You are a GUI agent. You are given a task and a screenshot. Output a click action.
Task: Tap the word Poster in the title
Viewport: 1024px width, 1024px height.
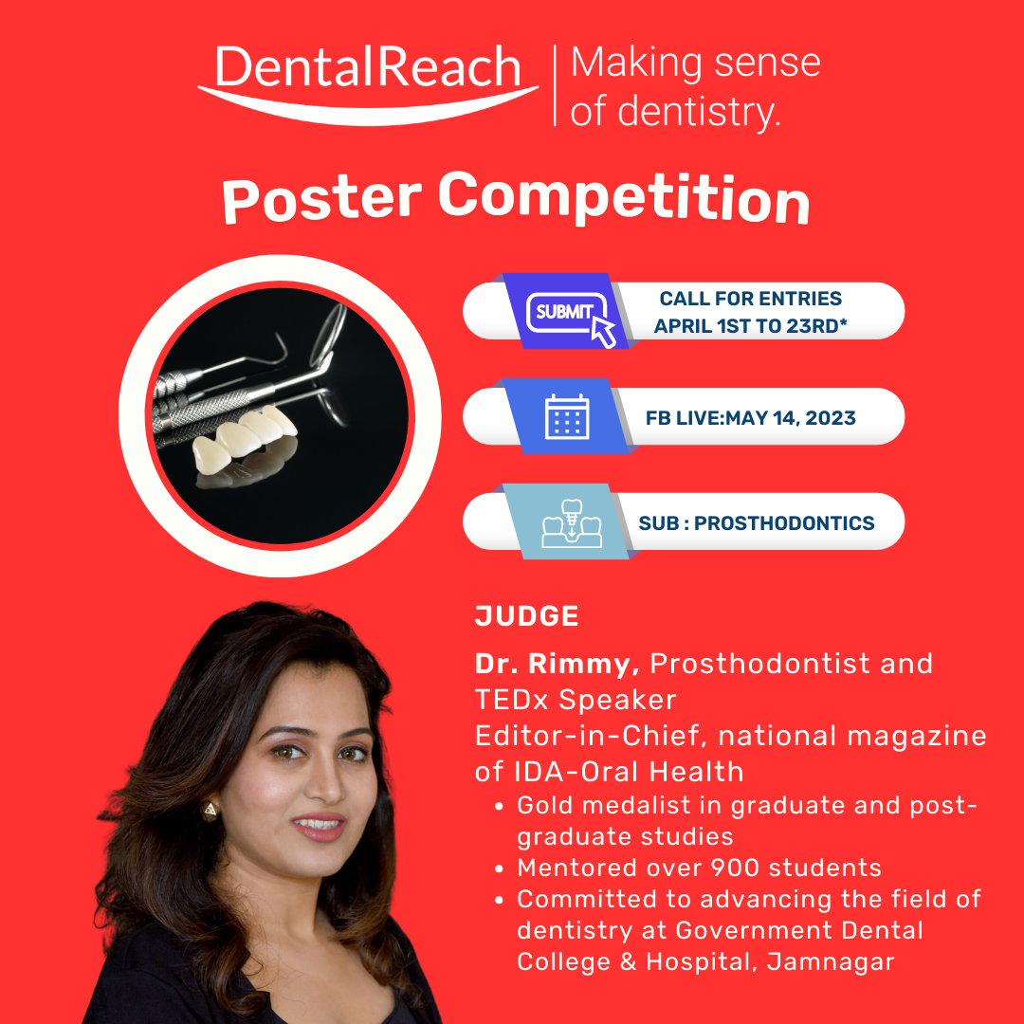click(x=322, y=198)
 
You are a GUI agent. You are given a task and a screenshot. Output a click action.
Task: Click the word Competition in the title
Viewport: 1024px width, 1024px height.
click(x=624, y=198)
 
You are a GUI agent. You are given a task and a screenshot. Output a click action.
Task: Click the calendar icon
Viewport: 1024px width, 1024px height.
click(x=567, y=416)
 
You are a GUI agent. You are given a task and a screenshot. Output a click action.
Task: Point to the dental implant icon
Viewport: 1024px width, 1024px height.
click(x=572, y=522)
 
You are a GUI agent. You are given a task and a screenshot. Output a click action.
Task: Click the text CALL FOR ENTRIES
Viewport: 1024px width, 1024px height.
click(x=750, y=299)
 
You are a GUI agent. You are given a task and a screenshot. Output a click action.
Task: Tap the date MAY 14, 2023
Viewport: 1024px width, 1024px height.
click(x=790, y=418)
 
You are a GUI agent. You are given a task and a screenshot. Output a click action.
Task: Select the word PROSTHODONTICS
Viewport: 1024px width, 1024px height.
click(x=784, y=523)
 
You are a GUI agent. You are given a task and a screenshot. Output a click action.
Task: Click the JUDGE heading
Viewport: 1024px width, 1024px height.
click(x=526, y=616)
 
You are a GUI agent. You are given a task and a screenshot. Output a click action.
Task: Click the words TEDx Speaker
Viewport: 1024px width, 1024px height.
click(x=576, y=700)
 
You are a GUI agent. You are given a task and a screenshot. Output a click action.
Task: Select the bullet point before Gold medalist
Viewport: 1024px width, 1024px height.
click(x=500, y=807)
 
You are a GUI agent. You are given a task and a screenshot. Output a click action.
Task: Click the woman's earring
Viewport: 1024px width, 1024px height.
click(x=210, y=812)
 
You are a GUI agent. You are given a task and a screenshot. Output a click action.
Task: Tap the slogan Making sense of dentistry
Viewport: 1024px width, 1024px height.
click(x=696, y=86)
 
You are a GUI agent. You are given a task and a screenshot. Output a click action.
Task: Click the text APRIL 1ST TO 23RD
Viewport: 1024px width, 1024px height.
click(x=750, y=326)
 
